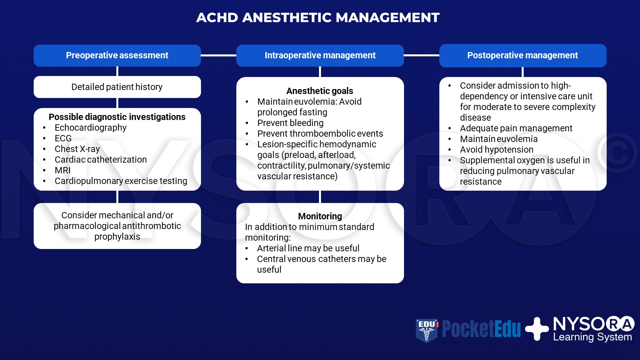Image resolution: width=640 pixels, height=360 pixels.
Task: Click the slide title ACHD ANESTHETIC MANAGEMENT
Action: [x=318, y=18]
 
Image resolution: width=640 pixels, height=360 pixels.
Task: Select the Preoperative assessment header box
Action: [x=117, y=55]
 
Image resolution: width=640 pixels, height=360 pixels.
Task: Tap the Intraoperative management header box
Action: [x=320, y=55]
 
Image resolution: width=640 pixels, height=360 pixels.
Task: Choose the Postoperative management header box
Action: [x=522, y=55]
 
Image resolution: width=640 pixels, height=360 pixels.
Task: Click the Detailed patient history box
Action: [x=117, y=87]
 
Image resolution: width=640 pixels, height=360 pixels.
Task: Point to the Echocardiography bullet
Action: [x=90, y=128]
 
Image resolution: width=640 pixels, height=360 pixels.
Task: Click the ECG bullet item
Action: [x=63, y=138]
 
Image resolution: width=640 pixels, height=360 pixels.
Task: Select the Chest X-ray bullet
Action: [x=77, y=149]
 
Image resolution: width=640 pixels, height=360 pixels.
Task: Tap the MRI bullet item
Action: [x=63, y=170]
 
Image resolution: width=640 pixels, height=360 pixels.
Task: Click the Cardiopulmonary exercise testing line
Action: [x=121, y=181]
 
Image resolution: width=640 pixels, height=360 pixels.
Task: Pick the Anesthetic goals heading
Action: [x=320, y=91]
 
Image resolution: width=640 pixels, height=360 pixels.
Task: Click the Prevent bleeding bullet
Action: [x=290, y=123]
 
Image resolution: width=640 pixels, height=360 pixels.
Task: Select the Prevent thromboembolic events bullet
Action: [x=320, y=134]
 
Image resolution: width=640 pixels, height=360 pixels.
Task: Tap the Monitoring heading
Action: [x=320, y=216]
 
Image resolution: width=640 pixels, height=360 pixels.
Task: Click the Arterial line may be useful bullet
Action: [x=308, y=248]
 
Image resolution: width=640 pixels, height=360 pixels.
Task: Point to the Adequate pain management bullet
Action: [x=516, y=128]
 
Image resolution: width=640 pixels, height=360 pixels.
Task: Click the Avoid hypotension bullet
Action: [x=497, y=150]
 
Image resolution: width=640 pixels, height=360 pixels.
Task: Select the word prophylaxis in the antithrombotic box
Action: [x=117, y=237]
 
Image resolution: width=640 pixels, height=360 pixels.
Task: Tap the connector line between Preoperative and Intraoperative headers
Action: [x=218, y=55]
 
